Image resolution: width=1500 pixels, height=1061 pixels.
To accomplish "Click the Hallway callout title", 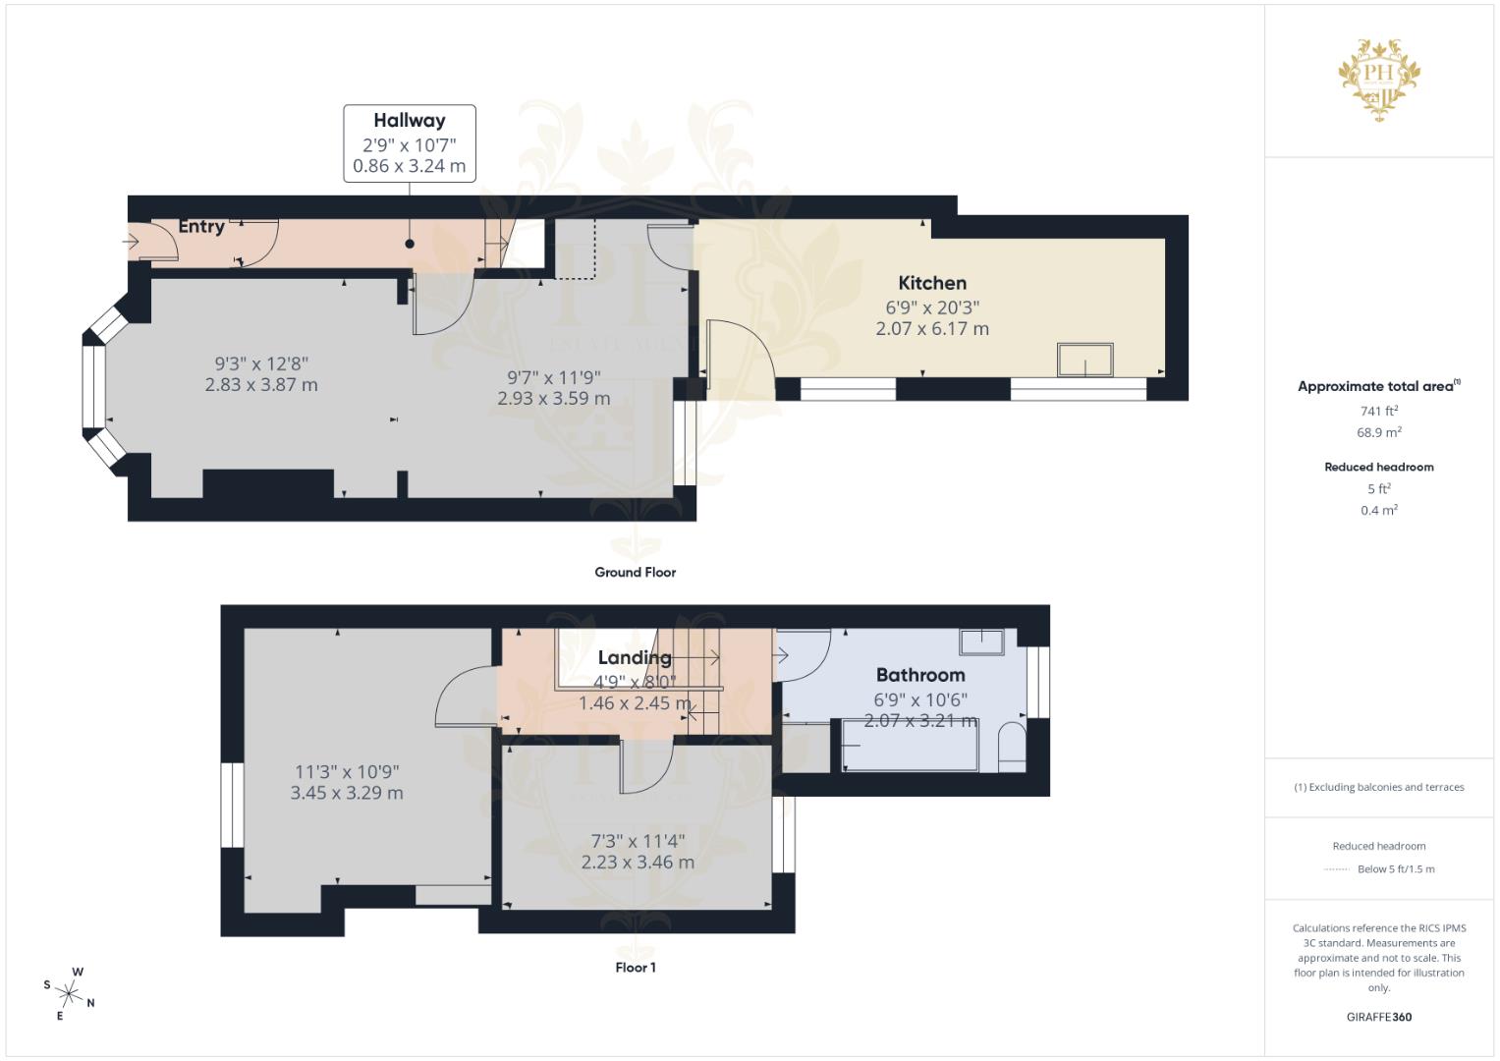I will (x=409, y=121).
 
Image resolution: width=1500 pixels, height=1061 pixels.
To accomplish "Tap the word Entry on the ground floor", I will (x=201, y=226).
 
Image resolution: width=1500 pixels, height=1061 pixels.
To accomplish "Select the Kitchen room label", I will (x=932, y=283).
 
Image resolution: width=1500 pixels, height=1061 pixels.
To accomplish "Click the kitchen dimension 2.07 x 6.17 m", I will (x=932, y=329).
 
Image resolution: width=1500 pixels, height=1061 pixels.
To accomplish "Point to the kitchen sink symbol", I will (x=1084, y=360).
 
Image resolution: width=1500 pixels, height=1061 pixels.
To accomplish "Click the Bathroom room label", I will (x=920, y=675).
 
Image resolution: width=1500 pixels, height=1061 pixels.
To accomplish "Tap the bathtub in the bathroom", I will (x=910, y=745).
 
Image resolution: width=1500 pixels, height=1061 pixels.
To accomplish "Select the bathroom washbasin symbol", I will (x=981, y=642).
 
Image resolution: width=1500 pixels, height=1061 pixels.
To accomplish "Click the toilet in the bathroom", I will (x=1011, y=748).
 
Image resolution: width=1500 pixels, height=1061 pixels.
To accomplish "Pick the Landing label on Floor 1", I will (x=635, y=657).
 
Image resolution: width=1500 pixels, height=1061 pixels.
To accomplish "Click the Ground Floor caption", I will (x=635, y=572).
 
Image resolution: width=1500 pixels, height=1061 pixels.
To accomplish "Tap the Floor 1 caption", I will (x=635, y=968).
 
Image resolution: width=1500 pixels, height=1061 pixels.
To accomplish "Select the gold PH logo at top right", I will (x=1379, y=77).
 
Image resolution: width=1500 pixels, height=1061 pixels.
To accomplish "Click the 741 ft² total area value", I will (x=1379, y=411).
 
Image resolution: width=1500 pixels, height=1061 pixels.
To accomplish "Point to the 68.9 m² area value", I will (x=1379, y=432).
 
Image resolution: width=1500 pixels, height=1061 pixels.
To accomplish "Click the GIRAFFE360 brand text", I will (x=1379, y=1017).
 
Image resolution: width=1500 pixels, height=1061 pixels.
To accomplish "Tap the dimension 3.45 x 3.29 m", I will (x=347, y=793).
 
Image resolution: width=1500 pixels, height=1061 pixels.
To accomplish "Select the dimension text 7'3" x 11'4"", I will (x=638, y=841).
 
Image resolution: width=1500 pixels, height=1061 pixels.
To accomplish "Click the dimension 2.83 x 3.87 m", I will (x=261, y=385).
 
